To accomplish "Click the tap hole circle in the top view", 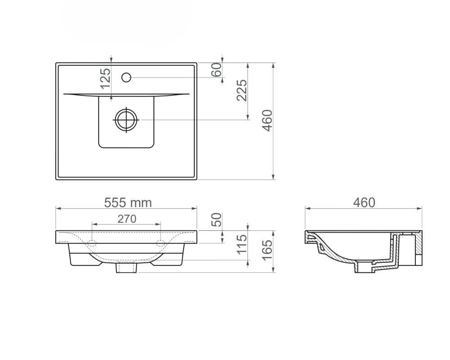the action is pos(126,77).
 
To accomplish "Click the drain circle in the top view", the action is pos(126,120).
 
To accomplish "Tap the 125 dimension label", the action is pos(106,78).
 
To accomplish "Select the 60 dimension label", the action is pos(217,70).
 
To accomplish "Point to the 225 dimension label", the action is pos(242,90).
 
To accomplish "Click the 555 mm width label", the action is pos(128,202).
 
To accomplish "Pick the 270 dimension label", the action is pos(127,219).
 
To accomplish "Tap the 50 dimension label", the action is pos(217,220).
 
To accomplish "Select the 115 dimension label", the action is pos(242,244).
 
